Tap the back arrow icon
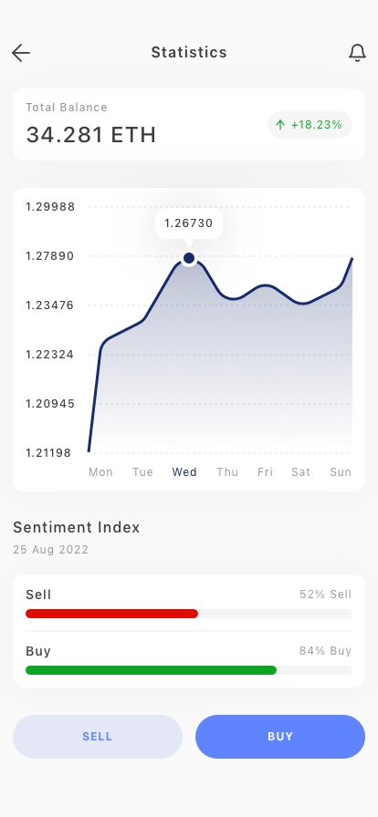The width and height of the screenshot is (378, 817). [21, 53]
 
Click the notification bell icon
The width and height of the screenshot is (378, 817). [357, 53]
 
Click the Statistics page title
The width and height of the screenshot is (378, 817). [189, 52]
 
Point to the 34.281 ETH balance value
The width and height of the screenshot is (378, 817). [90, 134]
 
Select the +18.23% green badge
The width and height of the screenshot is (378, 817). [310, 125]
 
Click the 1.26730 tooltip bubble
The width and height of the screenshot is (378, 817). [189, 224]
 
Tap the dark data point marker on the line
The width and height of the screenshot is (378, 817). [189, 258]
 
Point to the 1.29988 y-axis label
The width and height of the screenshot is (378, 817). [50, 207]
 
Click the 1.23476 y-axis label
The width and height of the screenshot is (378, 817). [50, 305]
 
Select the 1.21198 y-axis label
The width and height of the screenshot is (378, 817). [48, 453]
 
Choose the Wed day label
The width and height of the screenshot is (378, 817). [184, 472]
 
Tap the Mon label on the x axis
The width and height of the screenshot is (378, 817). [100, 472]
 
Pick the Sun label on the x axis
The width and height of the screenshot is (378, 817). [341, 472]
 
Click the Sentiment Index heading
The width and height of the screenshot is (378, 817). [76, 527]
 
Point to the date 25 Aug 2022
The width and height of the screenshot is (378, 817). [50, 550]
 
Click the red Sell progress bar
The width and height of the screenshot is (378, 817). [111, 614]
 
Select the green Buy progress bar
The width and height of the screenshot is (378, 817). [151, 670]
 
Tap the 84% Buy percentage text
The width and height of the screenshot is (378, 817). [325, 651]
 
